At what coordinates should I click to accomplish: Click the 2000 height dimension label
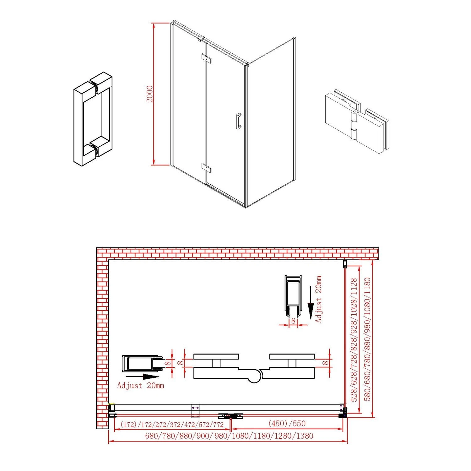(x=150, y=94)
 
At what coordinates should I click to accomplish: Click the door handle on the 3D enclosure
(x=238, y=121)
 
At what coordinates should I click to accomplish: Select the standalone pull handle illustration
(x=93, y=119)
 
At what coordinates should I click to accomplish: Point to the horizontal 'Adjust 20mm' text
(x=140, y=385)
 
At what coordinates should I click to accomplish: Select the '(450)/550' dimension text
(x=287, y=423)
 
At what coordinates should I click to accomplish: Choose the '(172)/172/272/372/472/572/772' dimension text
(x=172, y=425)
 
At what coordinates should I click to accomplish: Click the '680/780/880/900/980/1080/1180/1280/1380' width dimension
(x=229, y=436)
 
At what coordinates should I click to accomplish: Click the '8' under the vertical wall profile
(x=293, y=321)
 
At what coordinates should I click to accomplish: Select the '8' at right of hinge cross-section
(x=326, y=363)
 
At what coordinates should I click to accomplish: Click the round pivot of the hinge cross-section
(x=254, y=376)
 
